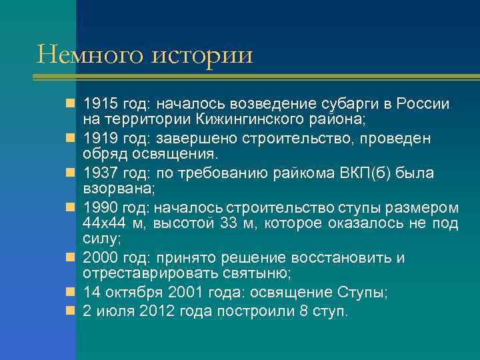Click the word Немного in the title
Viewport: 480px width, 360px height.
click(91, 55)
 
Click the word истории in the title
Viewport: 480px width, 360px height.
click(203, 55)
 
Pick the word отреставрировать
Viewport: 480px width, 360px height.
click(141, 275)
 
